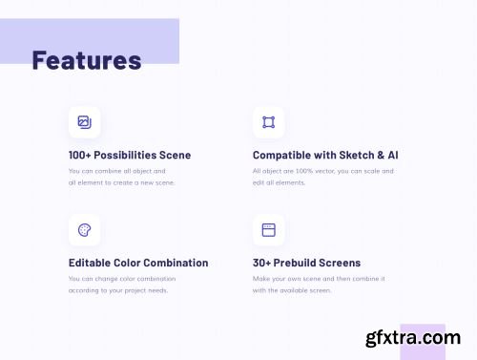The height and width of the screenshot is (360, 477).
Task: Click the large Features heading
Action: [x=87, y=60]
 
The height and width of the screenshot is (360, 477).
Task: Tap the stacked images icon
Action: [x=85, y=122]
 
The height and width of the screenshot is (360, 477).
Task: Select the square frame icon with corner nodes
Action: [x=269, y=122]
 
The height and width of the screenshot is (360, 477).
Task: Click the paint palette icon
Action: [x=85, y=230]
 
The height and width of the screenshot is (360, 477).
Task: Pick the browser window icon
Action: [x=269, y=230]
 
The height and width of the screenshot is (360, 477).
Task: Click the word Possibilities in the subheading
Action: [x=125, y=155]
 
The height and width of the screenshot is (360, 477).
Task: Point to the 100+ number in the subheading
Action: [x=80, y=155]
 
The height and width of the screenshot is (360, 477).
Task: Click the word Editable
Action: [x=90, y=263]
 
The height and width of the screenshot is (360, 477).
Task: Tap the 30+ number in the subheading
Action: [x=261, y=263]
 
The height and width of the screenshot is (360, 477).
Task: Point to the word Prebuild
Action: [x=295, y=263]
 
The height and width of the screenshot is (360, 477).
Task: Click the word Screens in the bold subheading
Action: [x=340, y=263]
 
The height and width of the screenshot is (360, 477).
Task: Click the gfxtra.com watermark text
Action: [x=413, y=338]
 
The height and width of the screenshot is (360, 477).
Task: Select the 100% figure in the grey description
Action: [x=304, y=171]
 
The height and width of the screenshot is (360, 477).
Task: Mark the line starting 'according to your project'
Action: [x=118, y=290]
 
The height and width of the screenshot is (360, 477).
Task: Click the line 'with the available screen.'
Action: [x=292, y=290]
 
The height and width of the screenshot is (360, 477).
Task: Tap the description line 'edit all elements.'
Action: [x=279, y=182]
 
